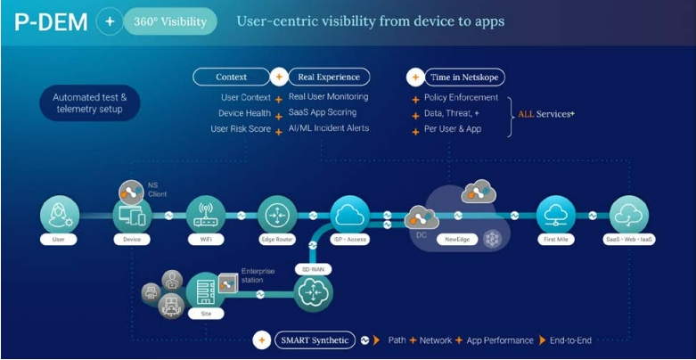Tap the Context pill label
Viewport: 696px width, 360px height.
pyautogui.click(x=231, y=78)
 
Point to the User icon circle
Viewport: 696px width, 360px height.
pyautogui.click(x=58, y=215)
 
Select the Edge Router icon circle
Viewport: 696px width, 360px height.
pyautogui.click(x=277, y=215)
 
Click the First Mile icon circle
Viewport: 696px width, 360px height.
pyautogui.click(x=556, y=215)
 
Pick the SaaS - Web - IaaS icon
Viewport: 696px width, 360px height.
pyautogui.click(x=629, y=215)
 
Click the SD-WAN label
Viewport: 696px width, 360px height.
pyautogui.click(x=314, y=269)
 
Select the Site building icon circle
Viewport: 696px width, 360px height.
pyautogui.click(x=206, y=291)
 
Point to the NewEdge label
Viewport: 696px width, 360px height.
pyautogui.click(x=457, y=240)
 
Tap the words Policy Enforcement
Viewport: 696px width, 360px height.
pyautogui.click(x=461, y=98)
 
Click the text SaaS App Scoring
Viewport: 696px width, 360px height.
pyautogui.click(x=322, y=112)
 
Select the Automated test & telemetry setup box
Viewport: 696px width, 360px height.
pyautogui.click(x=89, y=103)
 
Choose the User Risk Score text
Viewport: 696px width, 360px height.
pyautogui.click(x=240, y=128)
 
